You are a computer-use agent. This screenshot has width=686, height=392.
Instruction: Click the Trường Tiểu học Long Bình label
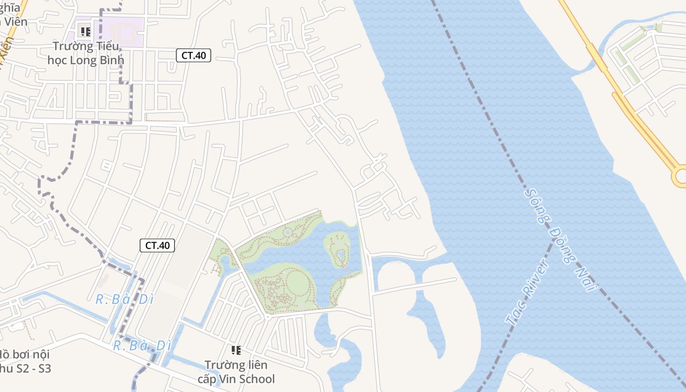tap(86, 53)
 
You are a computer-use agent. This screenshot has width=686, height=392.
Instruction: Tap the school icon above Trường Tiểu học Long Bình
tap(86, 32)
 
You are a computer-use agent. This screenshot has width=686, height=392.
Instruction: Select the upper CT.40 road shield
tap(194, 55)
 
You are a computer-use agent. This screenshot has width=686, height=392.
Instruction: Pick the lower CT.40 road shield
tap(157, 245)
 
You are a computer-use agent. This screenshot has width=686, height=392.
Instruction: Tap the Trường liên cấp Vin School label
tap(236, 372)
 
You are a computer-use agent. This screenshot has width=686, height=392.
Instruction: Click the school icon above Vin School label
tap(236, 350)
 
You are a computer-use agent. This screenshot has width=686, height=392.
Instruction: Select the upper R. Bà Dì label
tap(125, 299)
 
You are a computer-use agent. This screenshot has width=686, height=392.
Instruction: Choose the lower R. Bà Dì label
tap(142, 346)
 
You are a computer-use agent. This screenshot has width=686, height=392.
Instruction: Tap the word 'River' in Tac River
tap(536, 279)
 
